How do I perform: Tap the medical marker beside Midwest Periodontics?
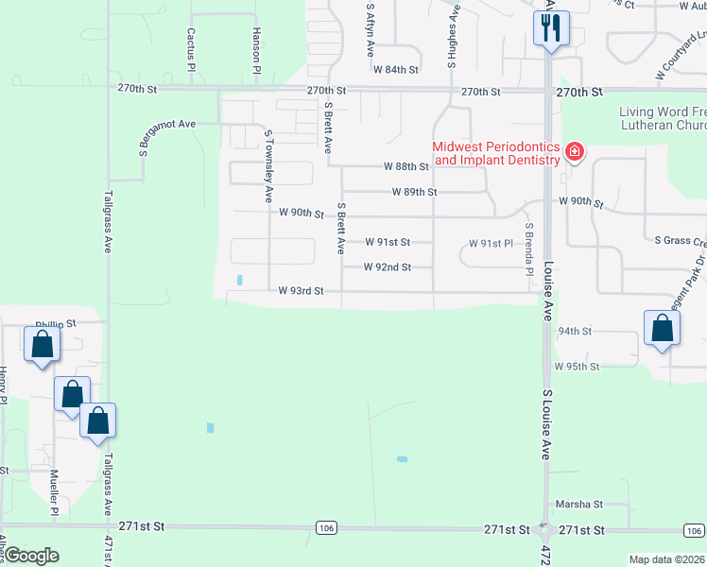pos(573,152)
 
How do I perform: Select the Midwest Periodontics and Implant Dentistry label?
pos(496,153)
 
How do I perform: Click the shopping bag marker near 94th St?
pos(663,329)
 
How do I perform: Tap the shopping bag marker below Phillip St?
pos(43,346)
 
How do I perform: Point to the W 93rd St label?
pos(301,291)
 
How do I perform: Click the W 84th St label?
pos(395,70)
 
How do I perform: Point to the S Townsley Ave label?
pos(268,166)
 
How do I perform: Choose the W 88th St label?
pos(406,166)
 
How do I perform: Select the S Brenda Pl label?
pos(530,244)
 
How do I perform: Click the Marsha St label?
pos(578,506)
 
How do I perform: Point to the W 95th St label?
pos(577,366)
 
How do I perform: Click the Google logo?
pos(31,556)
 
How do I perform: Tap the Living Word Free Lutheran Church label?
pos(663,118)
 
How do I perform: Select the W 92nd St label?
pos(388,267)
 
